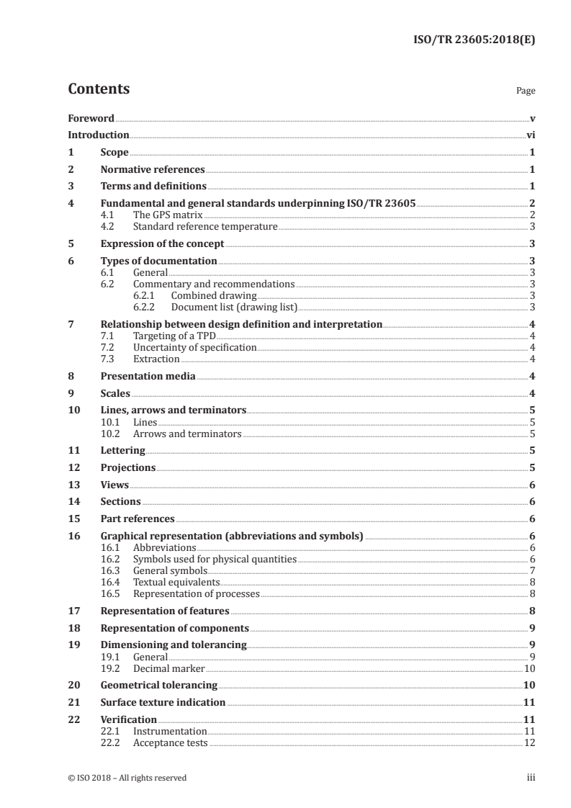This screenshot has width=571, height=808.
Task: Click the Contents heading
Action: (99, 89)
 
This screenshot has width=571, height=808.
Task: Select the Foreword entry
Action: (91, 118)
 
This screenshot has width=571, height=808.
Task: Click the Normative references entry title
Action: (153, 170)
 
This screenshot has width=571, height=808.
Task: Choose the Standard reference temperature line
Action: (205, 226)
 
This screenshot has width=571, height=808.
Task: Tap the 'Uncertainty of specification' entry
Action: (194, 347)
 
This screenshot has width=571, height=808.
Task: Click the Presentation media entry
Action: (148, 376)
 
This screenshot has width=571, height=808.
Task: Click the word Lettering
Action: (122, 451)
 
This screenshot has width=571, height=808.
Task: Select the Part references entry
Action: (138, 519)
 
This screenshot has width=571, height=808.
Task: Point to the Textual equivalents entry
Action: (176, 582)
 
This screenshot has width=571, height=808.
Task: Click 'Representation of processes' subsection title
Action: (196, 593)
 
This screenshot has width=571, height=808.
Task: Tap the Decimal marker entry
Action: (169, 668)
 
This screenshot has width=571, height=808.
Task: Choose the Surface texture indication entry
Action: (163, 702)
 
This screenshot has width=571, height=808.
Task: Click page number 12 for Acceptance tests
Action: (529, 742)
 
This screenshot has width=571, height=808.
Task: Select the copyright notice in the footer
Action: (127, 778)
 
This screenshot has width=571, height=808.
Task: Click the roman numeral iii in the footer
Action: (531, 778)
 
